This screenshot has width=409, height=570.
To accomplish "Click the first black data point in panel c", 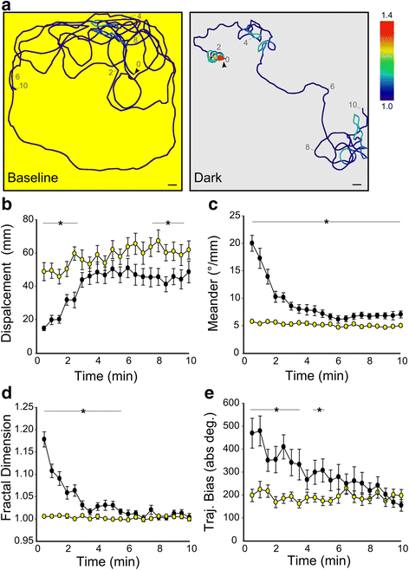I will click(x=252, y=243).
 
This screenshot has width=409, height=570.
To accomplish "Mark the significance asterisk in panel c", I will click(x=326, y=223).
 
